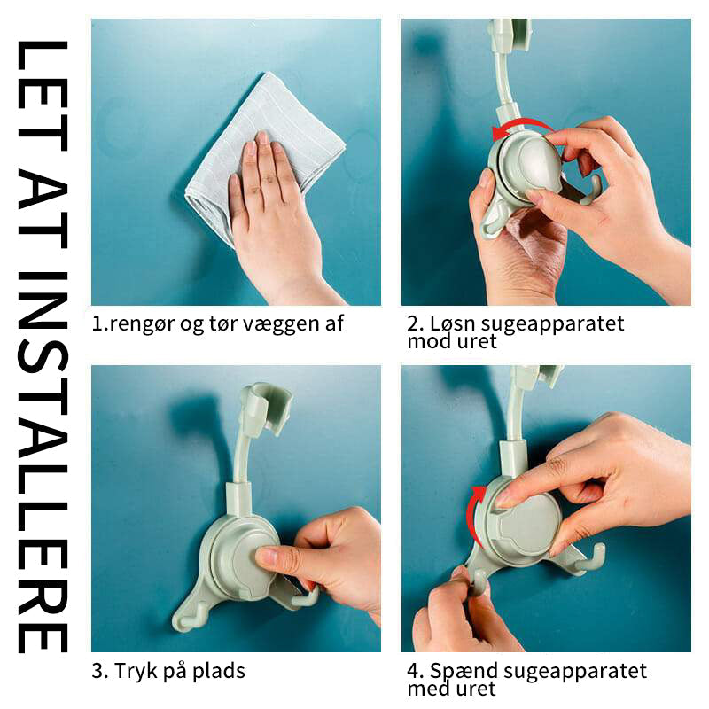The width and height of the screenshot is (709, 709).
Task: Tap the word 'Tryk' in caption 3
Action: click(135, 671)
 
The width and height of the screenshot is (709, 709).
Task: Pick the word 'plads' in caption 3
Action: click(219, 671)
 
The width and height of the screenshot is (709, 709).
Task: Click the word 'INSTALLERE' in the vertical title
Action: click(43, 462)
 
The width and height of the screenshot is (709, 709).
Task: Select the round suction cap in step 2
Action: click(529, 165)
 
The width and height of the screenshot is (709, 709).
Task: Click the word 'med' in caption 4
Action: click(426, 690)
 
